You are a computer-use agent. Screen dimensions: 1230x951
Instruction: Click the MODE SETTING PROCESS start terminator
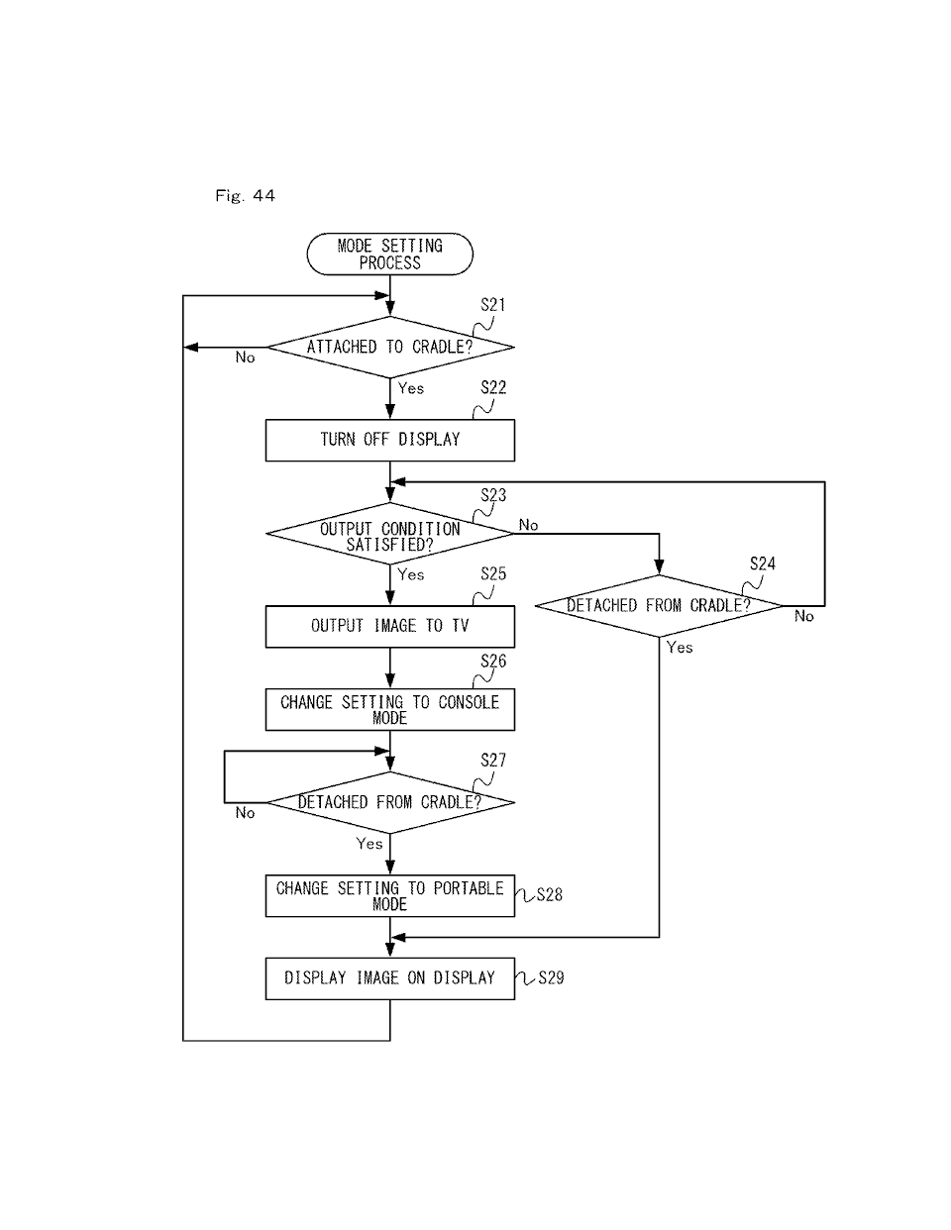coord(389,255)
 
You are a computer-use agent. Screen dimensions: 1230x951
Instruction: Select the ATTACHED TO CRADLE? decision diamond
coord(389,347)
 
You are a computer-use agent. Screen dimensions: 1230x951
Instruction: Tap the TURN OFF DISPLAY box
coord(389,440)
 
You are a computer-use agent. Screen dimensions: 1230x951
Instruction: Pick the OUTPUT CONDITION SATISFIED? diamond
coord(389,534)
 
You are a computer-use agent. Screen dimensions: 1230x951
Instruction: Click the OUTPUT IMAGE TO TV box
coord(389,626)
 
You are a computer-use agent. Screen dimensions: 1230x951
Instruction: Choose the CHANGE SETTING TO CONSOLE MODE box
coord(389,709)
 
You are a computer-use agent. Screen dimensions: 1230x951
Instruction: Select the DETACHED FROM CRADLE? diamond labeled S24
coord(659,605)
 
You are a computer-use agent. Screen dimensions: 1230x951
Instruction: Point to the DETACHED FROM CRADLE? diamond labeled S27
coord(389,802)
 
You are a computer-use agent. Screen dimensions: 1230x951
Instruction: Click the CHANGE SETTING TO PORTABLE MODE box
coord(389,895)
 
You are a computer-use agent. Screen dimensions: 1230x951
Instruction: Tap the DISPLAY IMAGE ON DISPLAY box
coord(389,978)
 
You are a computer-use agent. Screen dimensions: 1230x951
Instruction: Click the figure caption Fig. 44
coord(245,196)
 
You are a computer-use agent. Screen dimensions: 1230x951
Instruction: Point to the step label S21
coord(493,305)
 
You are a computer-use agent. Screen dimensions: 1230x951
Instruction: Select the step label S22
coord(493,387)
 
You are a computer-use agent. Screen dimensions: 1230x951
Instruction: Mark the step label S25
coord(493,573)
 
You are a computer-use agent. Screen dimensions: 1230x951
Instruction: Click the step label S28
coord(550,894)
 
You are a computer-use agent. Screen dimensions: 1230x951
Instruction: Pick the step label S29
coord(551,977)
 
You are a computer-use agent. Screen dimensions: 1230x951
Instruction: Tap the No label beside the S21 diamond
coord(245,358)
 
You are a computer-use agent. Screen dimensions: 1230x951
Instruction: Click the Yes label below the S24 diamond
coord(680,647)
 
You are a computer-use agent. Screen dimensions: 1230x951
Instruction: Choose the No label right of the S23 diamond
coord(528,525)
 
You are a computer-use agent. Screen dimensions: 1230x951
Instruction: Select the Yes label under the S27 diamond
coord(370,844)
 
